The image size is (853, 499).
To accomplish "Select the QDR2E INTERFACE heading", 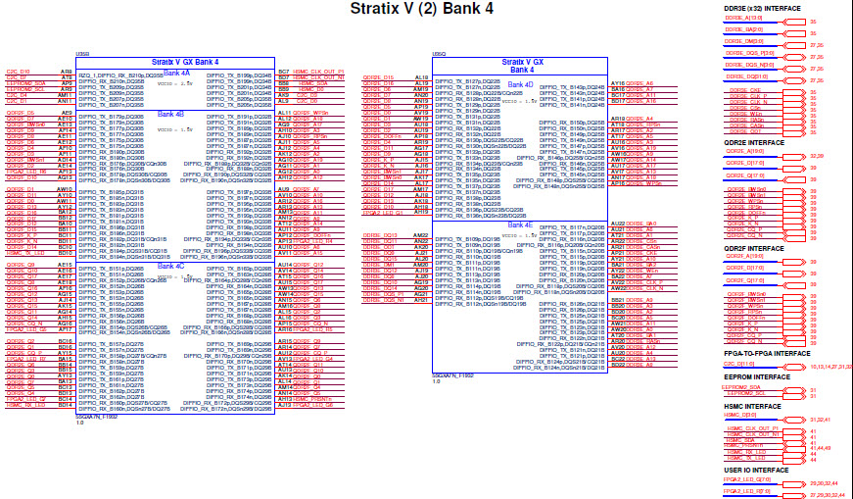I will [753, 142].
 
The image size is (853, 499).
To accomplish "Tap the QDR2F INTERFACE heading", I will [753, 249].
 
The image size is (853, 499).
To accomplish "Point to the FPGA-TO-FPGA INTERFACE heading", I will [767, 353].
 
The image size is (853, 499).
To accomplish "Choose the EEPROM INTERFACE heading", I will [757, 376].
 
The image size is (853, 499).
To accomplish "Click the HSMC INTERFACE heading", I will [753, 406].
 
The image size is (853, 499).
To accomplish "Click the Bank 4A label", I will [177, 73].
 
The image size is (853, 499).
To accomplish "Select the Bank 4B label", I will [171, 114].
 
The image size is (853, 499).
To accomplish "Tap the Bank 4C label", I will [171, 266].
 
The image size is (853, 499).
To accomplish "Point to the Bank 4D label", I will [521, 84].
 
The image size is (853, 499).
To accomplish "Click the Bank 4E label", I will [521, 225].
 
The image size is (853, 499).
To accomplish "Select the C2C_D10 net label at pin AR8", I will [19, 72].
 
